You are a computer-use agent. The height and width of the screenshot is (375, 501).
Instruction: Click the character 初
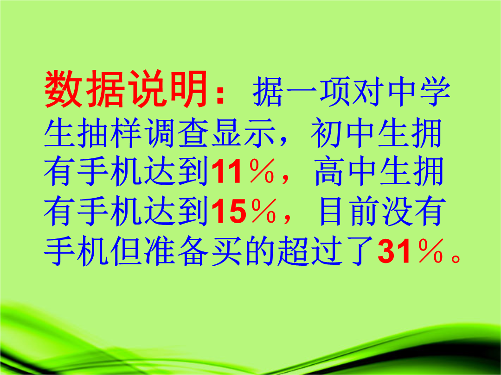click(328, 132)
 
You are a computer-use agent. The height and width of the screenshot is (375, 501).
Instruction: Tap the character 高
click(330, 172)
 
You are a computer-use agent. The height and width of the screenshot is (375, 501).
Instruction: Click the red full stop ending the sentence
click(456, 258)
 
